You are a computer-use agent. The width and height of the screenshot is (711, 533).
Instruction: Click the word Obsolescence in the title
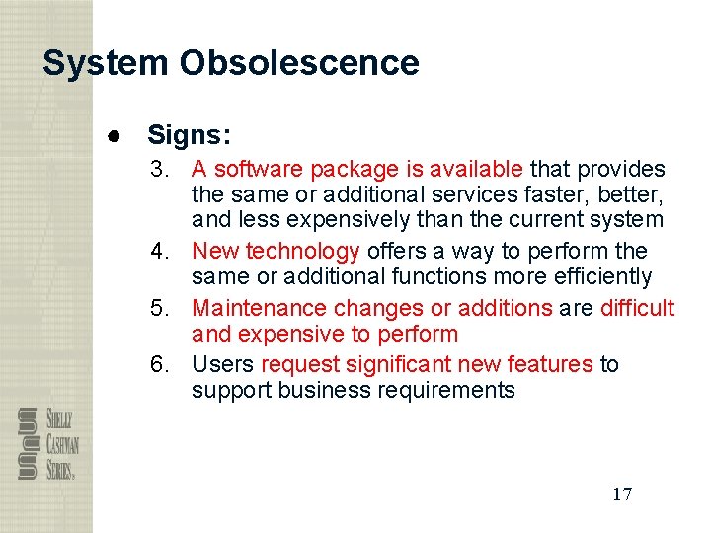point(299,63)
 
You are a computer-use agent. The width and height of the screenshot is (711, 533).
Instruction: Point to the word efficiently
point(602,276)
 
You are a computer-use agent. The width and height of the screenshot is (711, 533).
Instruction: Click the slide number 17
point(621,495)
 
